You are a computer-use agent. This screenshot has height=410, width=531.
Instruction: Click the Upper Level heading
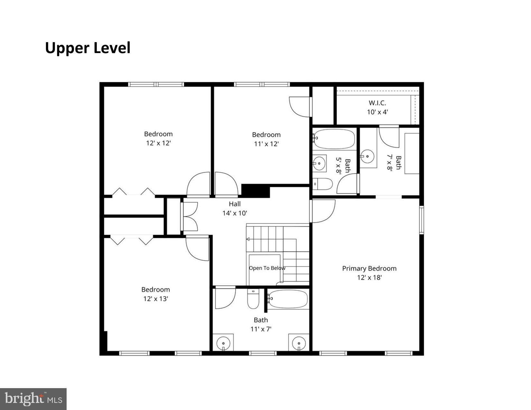(88, 48)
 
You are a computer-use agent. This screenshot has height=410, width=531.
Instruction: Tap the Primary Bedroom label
(369, 269)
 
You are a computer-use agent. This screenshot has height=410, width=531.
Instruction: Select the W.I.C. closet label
(377, 103)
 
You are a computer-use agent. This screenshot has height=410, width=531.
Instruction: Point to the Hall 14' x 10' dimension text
(235, 213)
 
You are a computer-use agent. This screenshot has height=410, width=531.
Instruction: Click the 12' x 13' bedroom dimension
(156, 299)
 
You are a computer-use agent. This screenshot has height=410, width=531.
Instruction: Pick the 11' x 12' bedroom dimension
(266, 144)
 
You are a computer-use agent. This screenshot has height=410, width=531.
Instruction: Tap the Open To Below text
(267, 268)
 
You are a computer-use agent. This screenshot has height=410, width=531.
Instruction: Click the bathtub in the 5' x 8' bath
(334, 139)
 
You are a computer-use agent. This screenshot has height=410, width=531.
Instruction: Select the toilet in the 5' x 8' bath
(322, 184)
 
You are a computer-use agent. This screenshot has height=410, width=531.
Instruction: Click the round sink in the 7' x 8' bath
(367, 156)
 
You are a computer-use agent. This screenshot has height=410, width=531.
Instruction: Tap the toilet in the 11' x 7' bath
(253, 299)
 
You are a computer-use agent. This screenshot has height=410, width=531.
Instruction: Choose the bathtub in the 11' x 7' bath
(288, 299)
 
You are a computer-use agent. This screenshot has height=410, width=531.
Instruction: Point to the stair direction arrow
(248, 239)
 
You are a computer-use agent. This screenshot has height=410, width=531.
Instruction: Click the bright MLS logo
(33, 399)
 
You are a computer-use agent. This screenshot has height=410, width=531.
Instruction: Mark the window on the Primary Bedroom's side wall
(422, 220)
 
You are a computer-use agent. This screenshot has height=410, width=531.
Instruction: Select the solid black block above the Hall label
(256, 191)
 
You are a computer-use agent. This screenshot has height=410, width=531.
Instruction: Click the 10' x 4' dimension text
(377, 112)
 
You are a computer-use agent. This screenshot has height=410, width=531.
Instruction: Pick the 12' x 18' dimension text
(369, 278)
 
